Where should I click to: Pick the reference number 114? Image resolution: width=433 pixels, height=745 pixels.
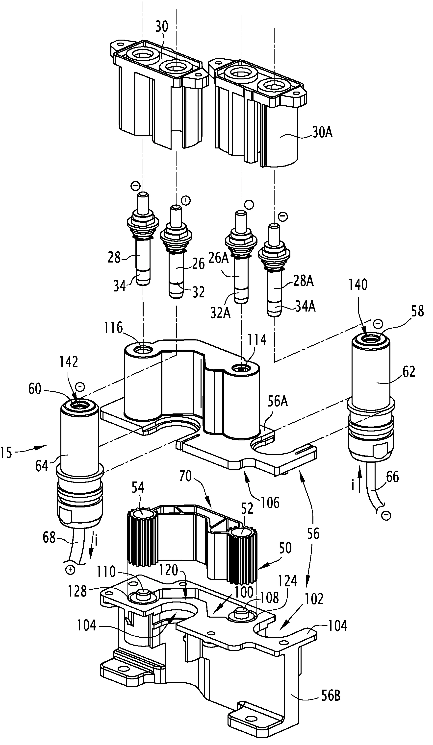coord(257,340)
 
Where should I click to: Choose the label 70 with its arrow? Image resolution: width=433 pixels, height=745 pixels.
coord(185,476)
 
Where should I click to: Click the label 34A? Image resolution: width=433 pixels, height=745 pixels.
coord(306,307)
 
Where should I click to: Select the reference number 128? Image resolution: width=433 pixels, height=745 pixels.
coord(77,591)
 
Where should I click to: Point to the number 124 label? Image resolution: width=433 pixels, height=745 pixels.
coord(287,581)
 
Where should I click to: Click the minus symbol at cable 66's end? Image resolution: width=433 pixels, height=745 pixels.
coord(386,515)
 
